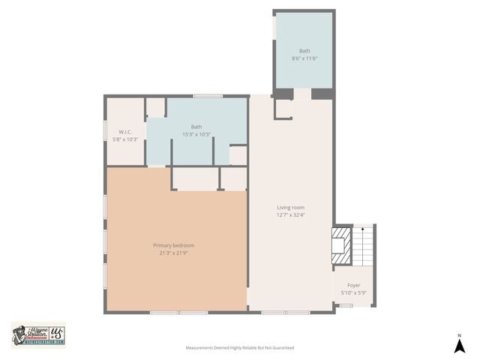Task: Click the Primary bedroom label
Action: pyautogui.click(x=173, y=245)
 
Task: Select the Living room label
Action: pyautogui.click(x=290, y=207)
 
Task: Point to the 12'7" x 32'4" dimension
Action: pyautogui.click(x=290, y=215)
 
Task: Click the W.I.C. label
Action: pyautogui.click(x=125, y=131)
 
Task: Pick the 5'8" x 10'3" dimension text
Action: pyautogui.click(x=125, y=139)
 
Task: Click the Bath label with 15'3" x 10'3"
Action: pyautogui.click(x=196, y=127)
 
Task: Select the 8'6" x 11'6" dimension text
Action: pyautogui.click(x=304, y=58)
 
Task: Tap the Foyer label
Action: pyautogui.click(x=353, y=285)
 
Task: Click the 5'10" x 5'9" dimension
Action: pyautogui.click(x=353, y=293)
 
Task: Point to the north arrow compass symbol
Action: pyautogui.click(x=460, y=346)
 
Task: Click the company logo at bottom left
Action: pyautogui.click(x=37, y=334)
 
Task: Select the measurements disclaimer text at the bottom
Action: pyautogui.click(x=240, y=348)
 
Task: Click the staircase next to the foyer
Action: pyautogui.click(x=364, y=246)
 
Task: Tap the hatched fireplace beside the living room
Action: pyautogui.click(x=342, y=246)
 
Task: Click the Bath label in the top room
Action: pyautogui.click(x=304, y=50)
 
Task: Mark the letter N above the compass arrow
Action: pyautogui.click(x=460, y=334)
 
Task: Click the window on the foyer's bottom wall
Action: pyautogui.click(x=346, y=305)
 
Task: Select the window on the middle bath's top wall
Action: pyautogui.click(x=208, y=96)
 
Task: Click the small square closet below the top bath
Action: pyautogui.click(x=283, y=109)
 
